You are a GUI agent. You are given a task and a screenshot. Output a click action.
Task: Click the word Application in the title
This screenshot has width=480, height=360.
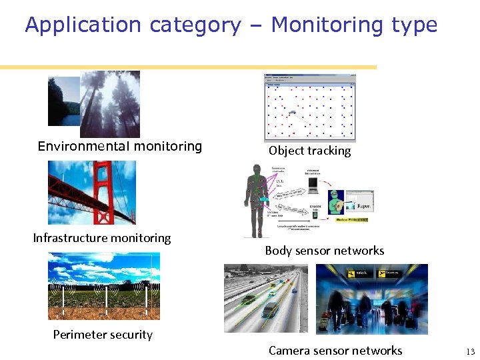(x=83, y=25)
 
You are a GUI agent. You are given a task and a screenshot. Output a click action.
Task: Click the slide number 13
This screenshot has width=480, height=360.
(x=470, y=351)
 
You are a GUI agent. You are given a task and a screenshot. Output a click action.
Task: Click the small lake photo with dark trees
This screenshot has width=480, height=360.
(x=63, y=101)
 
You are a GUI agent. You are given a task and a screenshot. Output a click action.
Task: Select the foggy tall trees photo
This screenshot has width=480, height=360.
(x=111, y=103)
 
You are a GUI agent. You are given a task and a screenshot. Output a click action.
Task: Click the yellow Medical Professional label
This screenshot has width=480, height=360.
(x=351, y=219)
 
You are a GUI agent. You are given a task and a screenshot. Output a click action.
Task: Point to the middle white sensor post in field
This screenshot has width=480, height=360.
(x=106, y=300)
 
